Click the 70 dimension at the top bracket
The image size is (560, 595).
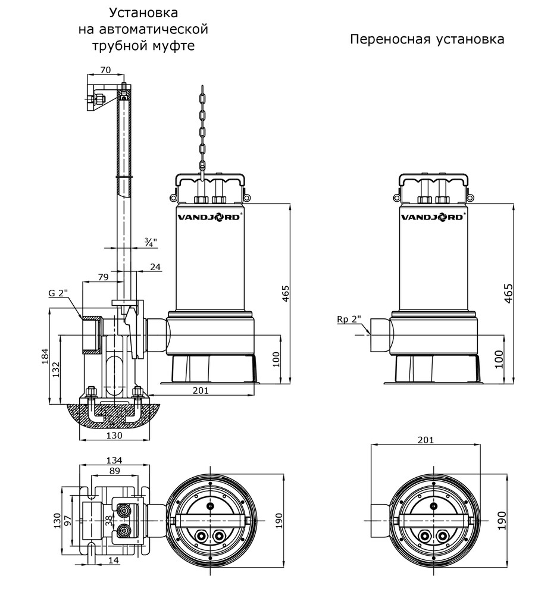[105, 70]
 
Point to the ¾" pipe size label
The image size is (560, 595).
[150, 242]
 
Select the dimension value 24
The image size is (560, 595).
[155, 267]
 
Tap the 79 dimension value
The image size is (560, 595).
[102, 277]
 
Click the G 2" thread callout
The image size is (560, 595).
[58, 293]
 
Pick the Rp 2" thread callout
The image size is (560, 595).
[349, 320]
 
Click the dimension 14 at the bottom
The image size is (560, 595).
[113, 560]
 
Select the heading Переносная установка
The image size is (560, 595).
[427, 39]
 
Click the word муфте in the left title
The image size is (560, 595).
[174, 46]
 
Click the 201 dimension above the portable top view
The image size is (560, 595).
[426, 440]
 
